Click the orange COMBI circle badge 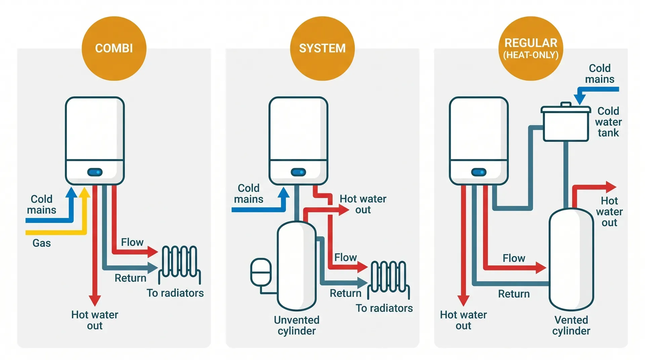click(x=114, y=48)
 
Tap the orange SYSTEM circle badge click(x=322, y=48)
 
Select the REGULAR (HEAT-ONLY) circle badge click(x=531, y=48)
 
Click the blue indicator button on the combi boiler click(x=95, y=172)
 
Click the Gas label click(x=42, y=243)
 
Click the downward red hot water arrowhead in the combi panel click(x=95, y=300)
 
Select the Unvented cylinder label click(x=297, y=325)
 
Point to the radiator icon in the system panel click(x=389, y=279)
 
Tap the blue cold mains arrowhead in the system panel click(x=284, y=193)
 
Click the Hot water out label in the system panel click(x=363, y=204)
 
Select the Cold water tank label click(x=608, y=122)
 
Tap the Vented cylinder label click(x=571, y=325)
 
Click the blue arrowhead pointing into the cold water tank click(x=580, y=99)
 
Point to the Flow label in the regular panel click(x=514, y=258)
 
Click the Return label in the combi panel click(x=130, y=278)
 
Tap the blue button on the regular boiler click(x=479, y=172)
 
